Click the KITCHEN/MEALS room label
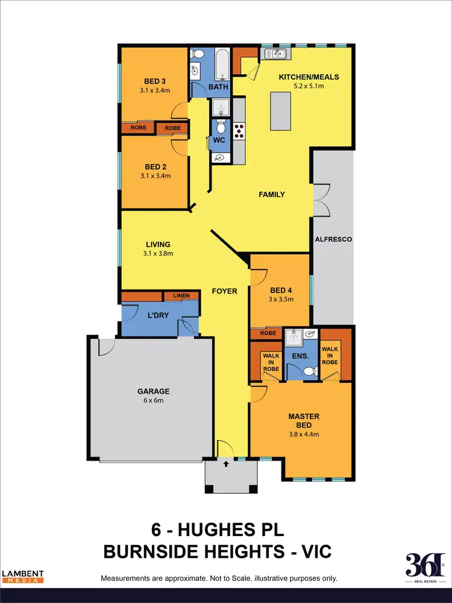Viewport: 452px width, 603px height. [x=309, y=77]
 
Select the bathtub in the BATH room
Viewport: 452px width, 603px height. [x=222, y=65]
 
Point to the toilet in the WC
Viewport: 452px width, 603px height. [x=221, y=128]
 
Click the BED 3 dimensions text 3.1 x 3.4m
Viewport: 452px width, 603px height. [x=155, y=92]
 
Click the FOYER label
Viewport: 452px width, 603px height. [x=225, y=291]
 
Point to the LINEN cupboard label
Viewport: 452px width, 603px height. [x=181, y=295]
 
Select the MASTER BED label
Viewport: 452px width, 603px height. [x=304, y=421]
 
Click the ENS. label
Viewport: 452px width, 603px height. [x=301, y=356]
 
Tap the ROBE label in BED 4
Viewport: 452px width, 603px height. [x=268, y=333]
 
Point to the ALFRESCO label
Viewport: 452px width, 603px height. [x=333, y=239]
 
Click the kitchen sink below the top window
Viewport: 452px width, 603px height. [x=276, y=55]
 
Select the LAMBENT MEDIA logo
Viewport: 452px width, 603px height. [x=22, y=576]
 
